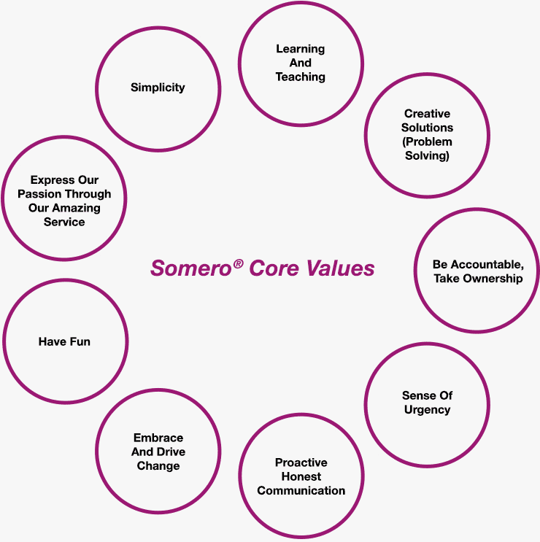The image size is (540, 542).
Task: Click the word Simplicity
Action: pos(158,88)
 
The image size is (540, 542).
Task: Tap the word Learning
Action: pos(301,49)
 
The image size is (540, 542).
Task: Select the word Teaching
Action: pos(301,77)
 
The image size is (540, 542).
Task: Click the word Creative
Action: pos(428,113)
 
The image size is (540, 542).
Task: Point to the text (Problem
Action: pos(428,142)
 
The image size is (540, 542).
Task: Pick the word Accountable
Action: pos(487,264)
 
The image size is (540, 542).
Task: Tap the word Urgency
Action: pos(428,410)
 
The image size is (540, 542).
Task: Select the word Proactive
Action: pos(301,462)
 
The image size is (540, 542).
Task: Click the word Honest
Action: pos(301,476)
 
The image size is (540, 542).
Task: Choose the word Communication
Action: pos(301,490)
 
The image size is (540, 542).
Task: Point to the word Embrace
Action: pos(158,438)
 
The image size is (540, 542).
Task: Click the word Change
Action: pos(158,466)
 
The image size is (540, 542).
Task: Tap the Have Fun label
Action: pos(64,341)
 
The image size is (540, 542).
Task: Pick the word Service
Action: pos(64,222)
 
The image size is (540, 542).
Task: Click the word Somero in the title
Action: pos(191,268)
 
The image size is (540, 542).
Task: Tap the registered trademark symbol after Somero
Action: pos(238,264)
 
